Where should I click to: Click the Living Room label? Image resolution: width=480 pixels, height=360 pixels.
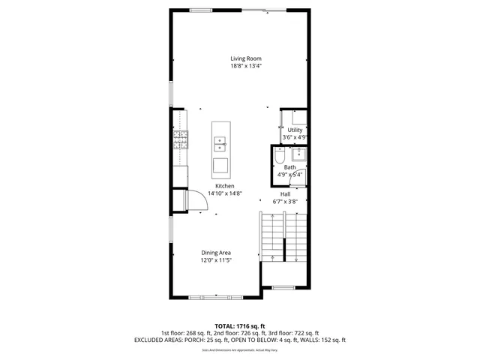click(x=245, y=58)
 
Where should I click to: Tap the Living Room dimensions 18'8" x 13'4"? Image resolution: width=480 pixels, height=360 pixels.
click(x=245, y=66)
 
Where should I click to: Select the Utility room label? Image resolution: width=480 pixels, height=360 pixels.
click(x=295, y=130)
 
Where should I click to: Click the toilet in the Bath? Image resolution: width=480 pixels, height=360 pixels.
click(x=279, y=157)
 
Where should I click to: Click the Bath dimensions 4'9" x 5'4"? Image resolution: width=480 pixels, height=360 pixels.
click(x=289, y=175)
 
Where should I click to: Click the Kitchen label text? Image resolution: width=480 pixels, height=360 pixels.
click(x=225, y=186)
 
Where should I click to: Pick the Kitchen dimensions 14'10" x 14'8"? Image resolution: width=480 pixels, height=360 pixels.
click(x=225, y=193)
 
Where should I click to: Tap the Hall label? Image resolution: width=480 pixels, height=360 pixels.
click(x=285, y=193)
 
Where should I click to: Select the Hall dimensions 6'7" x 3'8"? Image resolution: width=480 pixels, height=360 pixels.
click(x=285, y=201)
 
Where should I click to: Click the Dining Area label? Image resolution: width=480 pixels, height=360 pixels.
click(x=215, y=253)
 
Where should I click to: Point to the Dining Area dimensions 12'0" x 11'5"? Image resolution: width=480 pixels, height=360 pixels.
click(x=215, y=261)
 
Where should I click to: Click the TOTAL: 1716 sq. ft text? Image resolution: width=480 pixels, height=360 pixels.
click(x=240, y=326)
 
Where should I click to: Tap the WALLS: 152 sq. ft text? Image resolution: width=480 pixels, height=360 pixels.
click(x=325, y=340)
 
